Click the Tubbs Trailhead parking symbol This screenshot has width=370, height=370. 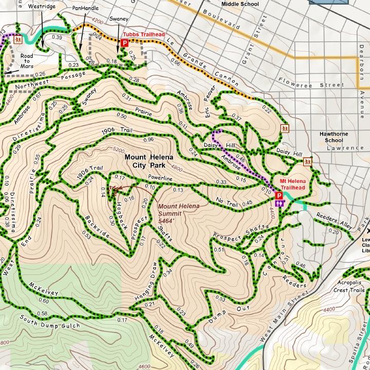[x=124, y=44]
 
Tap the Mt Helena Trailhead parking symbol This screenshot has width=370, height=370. [x=279, y=196]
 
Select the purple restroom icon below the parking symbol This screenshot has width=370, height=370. [x=280, y=203]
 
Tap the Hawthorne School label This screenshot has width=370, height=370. [x=334, y=137]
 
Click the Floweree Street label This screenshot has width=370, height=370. [x=310, y=83]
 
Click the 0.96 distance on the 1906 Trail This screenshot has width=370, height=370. [x=149, y=139]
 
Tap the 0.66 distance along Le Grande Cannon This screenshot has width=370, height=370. [x=175, y=63]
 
